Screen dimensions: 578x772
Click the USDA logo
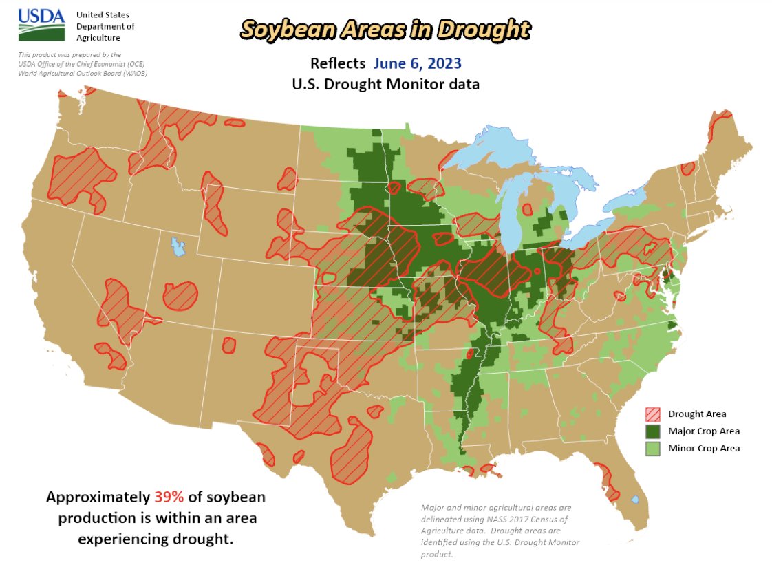coord(41,25)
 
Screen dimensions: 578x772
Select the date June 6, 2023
coord(417,63)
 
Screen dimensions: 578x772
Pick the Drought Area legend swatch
coord(652,414)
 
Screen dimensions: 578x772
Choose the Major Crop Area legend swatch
coord(652,431)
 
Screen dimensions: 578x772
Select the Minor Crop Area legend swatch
coord(652,448)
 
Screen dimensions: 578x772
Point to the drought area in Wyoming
coord(215,203)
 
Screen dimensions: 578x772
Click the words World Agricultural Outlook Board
coord(83,73)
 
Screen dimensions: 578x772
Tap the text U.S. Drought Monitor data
coord(385,85)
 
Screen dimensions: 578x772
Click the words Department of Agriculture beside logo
coord(105,32)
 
